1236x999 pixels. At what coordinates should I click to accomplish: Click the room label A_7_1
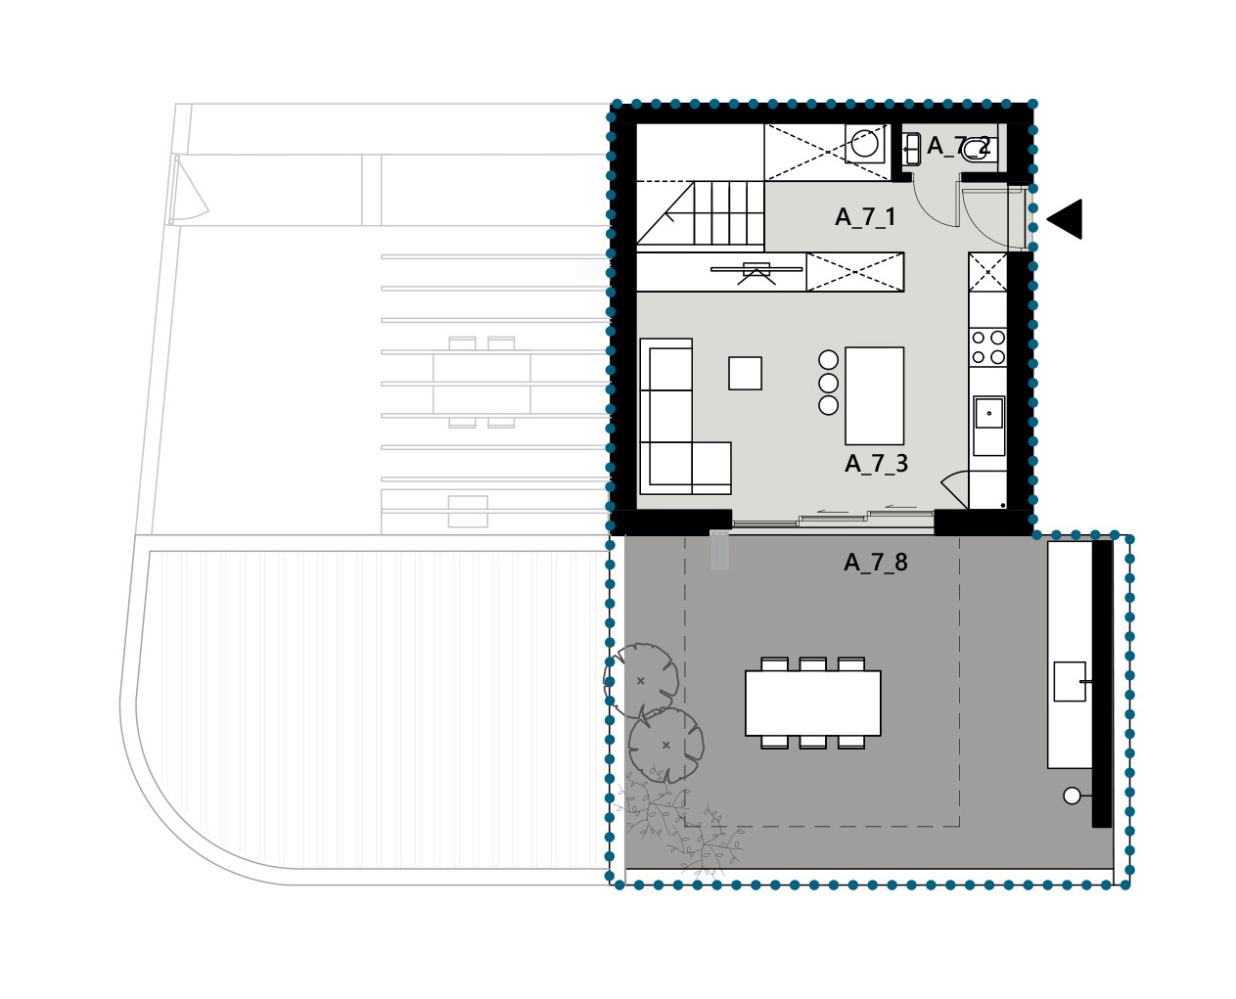click(x=865, y=217)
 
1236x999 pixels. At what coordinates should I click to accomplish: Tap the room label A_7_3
click(x=876, y=463)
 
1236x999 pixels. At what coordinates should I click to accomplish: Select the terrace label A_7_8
click(x=875, y=562)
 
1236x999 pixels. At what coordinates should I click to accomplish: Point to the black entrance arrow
click(x=1066, y=219)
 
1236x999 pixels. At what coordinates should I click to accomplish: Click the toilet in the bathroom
click(x=975, y=151)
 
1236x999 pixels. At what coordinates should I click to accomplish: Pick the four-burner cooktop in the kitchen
click(x=987, y=347)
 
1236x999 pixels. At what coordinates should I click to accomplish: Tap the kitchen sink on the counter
click(x=988, y=413)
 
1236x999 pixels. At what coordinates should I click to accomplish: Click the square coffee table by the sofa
click(x=745, y=373)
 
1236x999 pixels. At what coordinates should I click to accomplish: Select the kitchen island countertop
click(x=874, y=395)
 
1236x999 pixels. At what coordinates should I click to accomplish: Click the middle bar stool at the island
click(x=828, y=383)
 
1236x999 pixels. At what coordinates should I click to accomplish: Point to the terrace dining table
click(x=812, y=703)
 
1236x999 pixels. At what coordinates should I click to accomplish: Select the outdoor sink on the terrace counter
click(x=1070, y=681)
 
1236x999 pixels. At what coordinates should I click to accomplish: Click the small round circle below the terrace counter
click(x=1072, y=795)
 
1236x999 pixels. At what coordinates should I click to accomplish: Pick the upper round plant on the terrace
click(x=641, y=680)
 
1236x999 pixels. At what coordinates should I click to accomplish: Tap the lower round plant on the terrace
click(x=666, y=745)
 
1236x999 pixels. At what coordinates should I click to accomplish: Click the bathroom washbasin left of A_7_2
click(x=912, y=150)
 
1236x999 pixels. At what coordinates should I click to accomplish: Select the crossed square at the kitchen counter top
click(x=987, y=272)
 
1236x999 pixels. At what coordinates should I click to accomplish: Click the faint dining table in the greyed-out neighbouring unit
click(x=481, y=383)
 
